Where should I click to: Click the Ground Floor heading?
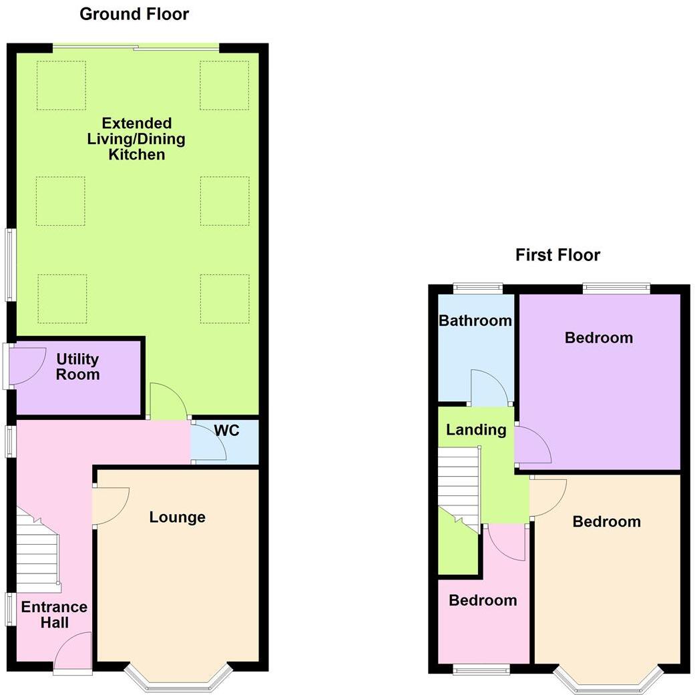coord(134,14)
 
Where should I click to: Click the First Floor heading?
coord(557,254)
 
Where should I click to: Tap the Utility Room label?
coord(77,367)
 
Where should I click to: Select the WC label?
coord(226,431)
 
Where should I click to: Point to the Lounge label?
coord(177,517)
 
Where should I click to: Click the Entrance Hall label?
coord(54,615)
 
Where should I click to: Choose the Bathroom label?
coord(475,320)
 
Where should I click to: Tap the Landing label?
coord(476,429)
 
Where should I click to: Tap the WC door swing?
coord(207,443)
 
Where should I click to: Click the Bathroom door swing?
coord(489,389)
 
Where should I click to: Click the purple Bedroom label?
coord(598,338)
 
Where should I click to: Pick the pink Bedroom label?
coord(483,600)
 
